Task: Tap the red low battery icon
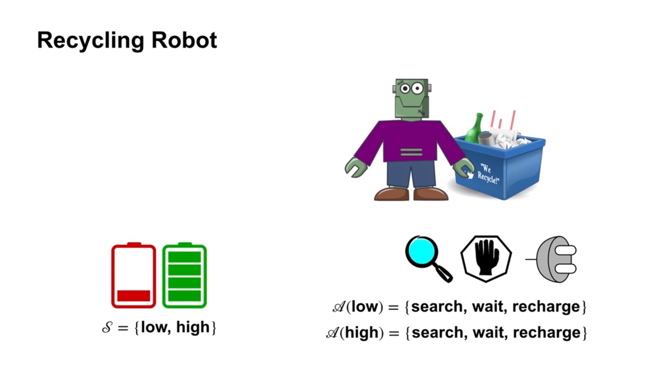[133, 276]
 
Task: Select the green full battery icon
[184, 276]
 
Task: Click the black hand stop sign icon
[486, 258]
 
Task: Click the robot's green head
[412, 98]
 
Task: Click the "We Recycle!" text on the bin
[488, 173]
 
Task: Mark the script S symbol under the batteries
[107, 328]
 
